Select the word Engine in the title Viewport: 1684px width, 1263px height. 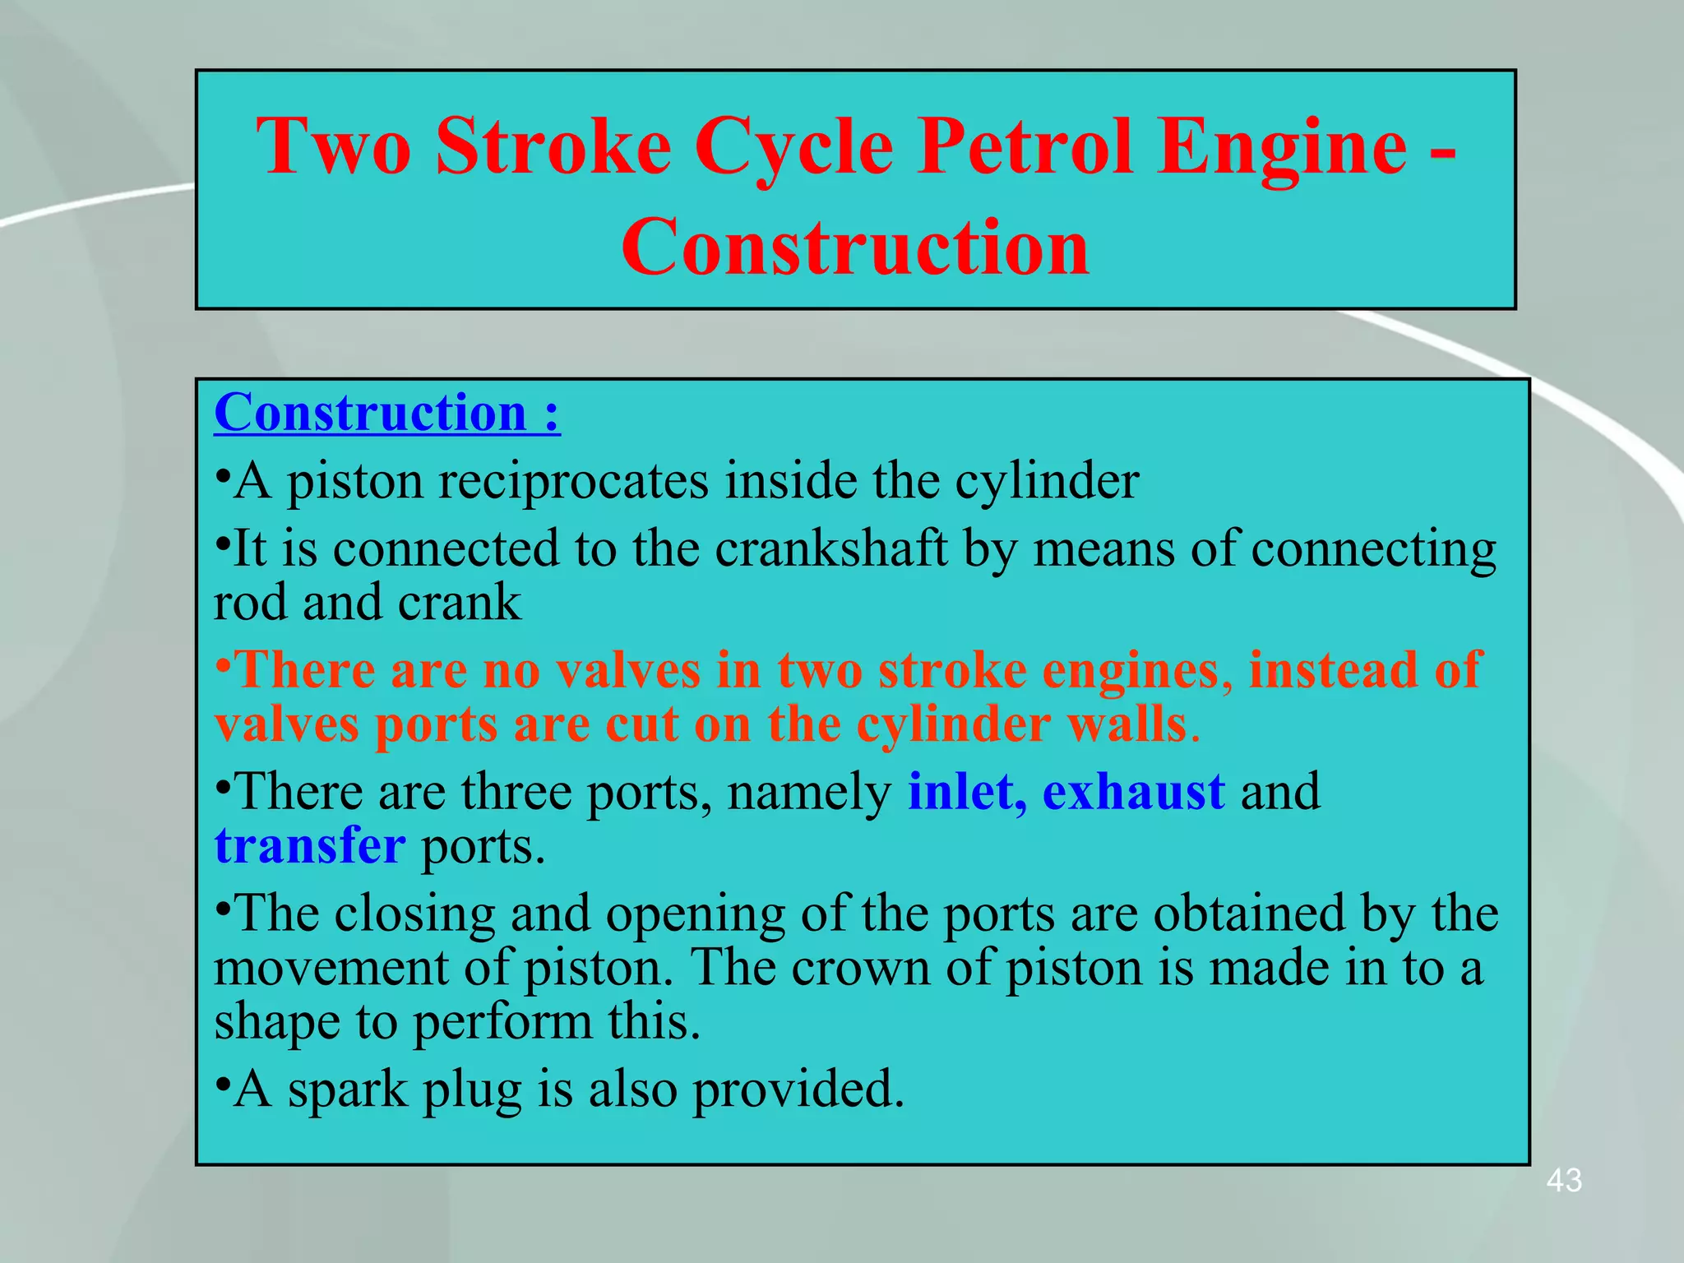pyautogui.click(x=1282, y=148)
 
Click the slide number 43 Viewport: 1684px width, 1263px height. pyautogui.click(x=1564, y=1181)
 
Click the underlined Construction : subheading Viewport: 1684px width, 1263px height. pyautogui.click(x=386, y=413)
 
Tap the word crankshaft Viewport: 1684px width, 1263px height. pyautogui.click(x=830, y=548)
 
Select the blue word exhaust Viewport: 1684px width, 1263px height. pyautogui.click(x=1133, y=792)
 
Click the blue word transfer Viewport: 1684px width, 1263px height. pyautogui.click(x=309, y=846)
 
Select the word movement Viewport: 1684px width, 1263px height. pyautogui.click(x=330, y=968)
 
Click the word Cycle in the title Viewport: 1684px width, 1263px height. pyautogui.click(x=793, y=148)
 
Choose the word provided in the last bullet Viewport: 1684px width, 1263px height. pyautogui.click(x=798, y=1090)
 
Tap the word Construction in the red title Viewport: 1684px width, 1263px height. pyautogui.click(x=855, y=247)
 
